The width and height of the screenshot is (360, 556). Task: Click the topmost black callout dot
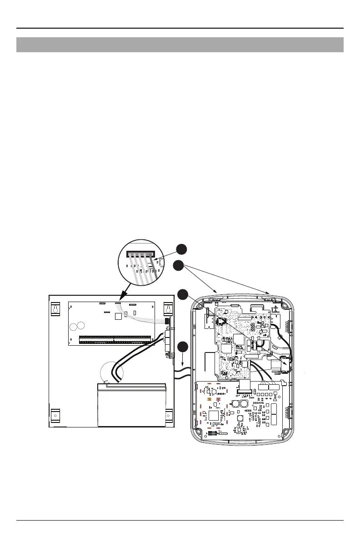click(181, 249)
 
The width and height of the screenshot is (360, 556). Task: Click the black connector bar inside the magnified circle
click(140, 255)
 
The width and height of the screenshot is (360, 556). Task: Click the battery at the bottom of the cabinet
click(131, 405)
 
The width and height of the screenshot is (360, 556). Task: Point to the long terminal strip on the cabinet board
click(115, 339)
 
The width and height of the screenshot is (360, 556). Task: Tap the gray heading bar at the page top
click(180, 45)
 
